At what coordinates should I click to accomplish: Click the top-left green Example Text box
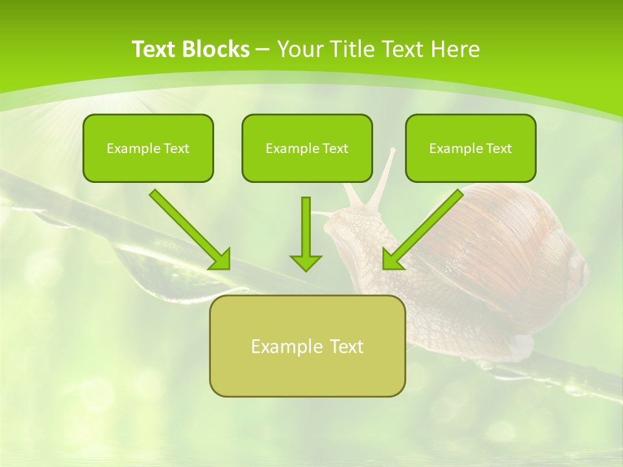click(148, 148)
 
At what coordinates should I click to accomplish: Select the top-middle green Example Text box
click(307, 148)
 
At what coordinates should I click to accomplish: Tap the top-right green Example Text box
click(470, 148)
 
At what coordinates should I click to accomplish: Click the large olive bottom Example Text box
click(307, 346)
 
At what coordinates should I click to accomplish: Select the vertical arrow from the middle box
click(306, 230)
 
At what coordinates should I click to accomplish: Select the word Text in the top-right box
click(498, 149)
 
